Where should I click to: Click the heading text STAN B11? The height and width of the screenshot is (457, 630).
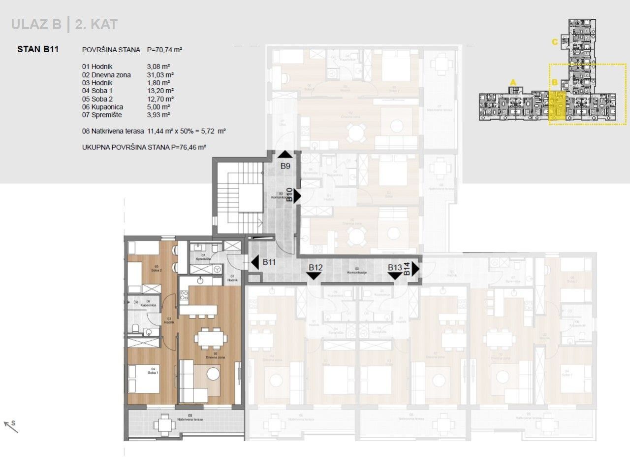(38, 49)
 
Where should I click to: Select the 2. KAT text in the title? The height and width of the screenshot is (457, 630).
(96, 24)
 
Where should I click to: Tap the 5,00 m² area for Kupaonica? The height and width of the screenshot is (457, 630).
(158, 107)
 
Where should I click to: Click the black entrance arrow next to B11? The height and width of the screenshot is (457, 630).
(254, 263)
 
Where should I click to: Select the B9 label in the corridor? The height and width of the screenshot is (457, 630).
(285, 166)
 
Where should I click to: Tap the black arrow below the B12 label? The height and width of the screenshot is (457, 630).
(314, 276)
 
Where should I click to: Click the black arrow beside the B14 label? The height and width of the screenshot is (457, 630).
(415, 269)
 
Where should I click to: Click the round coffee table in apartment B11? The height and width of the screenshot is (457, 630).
(213, 374)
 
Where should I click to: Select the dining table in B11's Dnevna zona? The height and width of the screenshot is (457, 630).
(211, 338)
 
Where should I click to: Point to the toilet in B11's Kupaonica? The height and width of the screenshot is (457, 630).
(135, 328)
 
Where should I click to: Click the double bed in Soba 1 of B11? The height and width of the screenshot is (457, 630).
(144, 379)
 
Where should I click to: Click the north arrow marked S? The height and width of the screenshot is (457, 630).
(11, 425)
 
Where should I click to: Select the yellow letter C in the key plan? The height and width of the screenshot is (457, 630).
(554, 42)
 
